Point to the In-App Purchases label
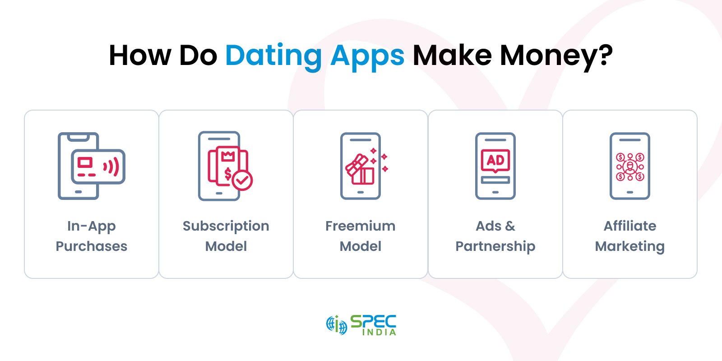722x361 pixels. pyautogui.click(x=92, y=236)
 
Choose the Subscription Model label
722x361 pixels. pyautogui.click(x=226, y=236)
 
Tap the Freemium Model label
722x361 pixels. pyautogui.click(x=361, y=236)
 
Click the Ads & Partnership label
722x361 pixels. pyautogui.click(x=495, y=236)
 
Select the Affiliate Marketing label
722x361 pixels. pyautogui.click(x=630, y=236)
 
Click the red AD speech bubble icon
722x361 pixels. pyautogui.click(x=495, y=160)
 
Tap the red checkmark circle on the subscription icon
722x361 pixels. pyautogui.click(x=242, y=180)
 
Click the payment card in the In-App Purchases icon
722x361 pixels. pyautogui.click(x=98, y=167)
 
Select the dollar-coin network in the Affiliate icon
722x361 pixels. pyautogui.click(x=630, y=167)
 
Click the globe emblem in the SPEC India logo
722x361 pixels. pyautogui.click(x=337, y=324)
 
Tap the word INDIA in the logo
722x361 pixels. pyautogui.click(x=379, y=332)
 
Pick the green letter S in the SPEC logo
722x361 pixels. pyautogui.click(x=356, y=321)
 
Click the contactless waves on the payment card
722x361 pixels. pyautogui.click(x=112, y=167)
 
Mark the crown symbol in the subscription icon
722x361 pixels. pyautogui.click(x=228, y=156)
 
